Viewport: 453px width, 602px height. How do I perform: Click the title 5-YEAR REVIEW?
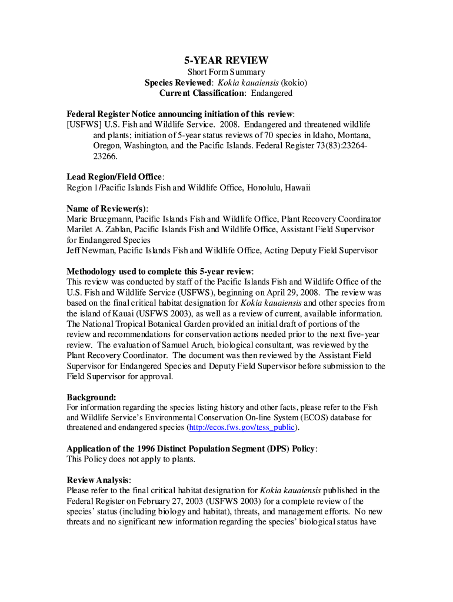click(226, 61)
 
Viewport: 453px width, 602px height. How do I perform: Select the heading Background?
click(91, 397)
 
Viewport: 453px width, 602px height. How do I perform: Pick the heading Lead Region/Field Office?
click(115, 177)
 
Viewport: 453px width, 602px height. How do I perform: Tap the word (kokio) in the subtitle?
click(294, 82)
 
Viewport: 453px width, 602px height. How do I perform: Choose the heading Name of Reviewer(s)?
click(107, 208)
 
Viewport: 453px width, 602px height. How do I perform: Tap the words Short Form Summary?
click(226, 72)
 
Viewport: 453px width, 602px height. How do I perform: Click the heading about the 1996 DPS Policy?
click(192, 449)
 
